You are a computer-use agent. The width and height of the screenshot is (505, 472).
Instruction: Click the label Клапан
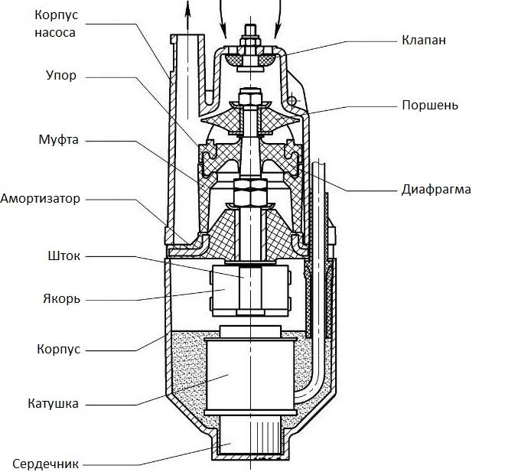[425, 38]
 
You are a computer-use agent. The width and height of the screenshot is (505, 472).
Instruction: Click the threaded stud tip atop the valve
[251, 31]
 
